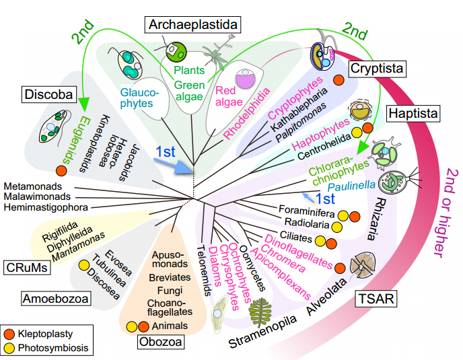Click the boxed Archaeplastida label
coord(193,26)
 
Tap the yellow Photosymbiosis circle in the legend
coord(9,348)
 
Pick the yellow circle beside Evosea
coord(84,265)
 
